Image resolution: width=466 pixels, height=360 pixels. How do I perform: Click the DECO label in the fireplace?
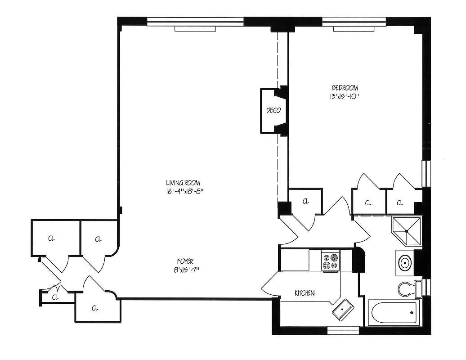tap(273, 110)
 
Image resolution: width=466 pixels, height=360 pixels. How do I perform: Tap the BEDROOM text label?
tap(345, 88)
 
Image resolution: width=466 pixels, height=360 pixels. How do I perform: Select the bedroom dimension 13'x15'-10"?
tap(345, 96)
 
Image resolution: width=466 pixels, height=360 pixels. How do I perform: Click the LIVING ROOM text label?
tap(183, 183)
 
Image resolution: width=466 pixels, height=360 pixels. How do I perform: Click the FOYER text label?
tap(185, 261)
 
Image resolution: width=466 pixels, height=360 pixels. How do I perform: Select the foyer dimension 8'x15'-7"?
tap(185, 270)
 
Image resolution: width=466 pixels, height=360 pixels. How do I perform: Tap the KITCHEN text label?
tap(305, 293)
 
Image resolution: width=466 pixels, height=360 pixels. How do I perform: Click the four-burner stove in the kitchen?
tap(330, 261)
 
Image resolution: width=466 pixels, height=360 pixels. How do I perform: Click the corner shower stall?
tap(407, 231)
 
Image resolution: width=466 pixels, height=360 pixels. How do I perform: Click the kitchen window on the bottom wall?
tap(343, 331)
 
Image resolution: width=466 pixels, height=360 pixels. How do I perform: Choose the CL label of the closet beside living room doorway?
tap(306, 201)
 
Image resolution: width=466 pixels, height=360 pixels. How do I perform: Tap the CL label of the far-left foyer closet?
tap(51, 238)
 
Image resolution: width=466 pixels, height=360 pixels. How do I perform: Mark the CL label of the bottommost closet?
tap(95, 308)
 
